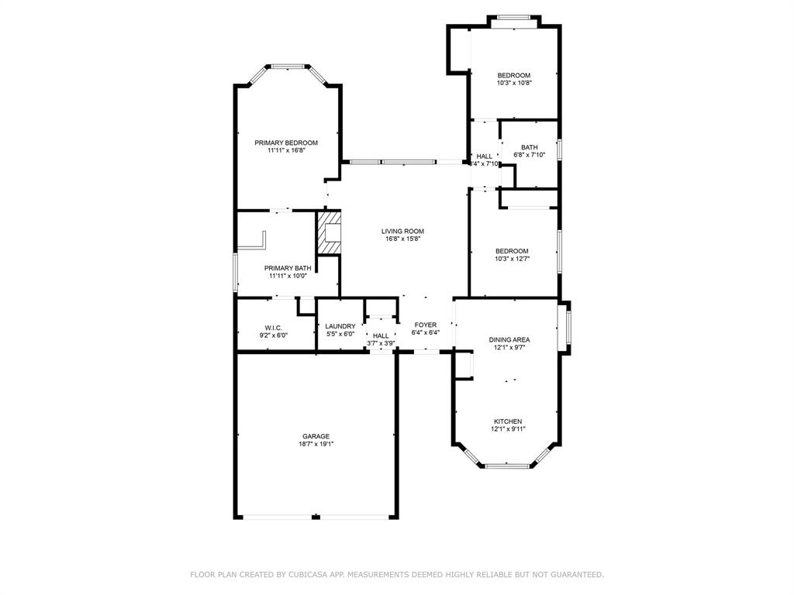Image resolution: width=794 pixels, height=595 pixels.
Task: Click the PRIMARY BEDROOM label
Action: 286,143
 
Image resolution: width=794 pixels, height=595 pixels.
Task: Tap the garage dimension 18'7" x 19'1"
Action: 316,444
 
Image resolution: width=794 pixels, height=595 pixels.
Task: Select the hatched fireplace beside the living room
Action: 329,232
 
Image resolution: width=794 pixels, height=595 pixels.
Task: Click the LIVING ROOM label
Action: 402,231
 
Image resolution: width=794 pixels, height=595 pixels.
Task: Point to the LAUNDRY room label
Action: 340,326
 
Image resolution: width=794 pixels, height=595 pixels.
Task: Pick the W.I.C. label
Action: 273,328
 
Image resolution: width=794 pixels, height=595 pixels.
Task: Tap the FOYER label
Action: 425,325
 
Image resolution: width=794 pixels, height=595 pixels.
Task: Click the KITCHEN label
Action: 508,421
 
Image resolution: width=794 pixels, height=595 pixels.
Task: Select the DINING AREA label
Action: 509,339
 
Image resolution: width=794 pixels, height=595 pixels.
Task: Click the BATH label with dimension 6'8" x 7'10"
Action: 529,147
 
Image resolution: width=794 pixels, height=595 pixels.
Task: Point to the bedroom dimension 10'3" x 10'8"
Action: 514,82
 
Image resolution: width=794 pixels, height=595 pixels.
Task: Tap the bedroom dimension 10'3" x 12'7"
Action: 512,259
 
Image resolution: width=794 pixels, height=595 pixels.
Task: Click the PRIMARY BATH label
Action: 288,268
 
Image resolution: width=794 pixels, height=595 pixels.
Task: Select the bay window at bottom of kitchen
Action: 507,465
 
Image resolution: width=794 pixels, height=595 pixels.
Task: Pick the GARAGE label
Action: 316,436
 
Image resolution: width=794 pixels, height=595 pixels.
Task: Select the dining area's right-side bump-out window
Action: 568,328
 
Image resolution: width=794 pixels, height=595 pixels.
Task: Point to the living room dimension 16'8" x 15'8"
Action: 402,239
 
